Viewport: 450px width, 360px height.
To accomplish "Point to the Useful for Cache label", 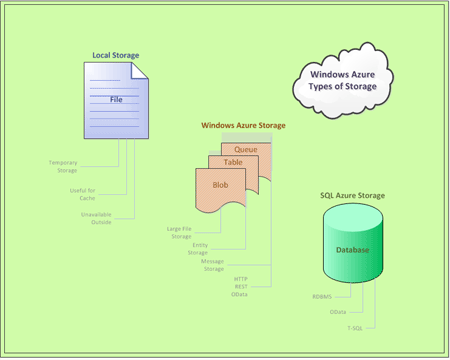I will pyautogui.click(x=81, y=192).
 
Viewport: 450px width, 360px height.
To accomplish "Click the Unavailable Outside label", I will pyautogui.click(x=96, y=217).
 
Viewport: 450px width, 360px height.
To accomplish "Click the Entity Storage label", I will pyautogui.click(x=199, y=248).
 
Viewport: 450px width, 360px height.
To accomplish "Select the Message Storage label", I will pyautogui.click(x=214, y=265).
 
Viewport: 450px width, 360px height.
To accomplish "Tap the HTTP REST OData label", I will pyautogui.click(x=241, y=286).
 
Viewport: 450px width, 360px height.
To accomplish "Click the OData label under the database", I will pyautogui.click(x=338, y=312).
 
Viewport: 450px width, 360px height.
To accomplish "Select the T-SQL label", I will pyautogui.click(x=355, y=327).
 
